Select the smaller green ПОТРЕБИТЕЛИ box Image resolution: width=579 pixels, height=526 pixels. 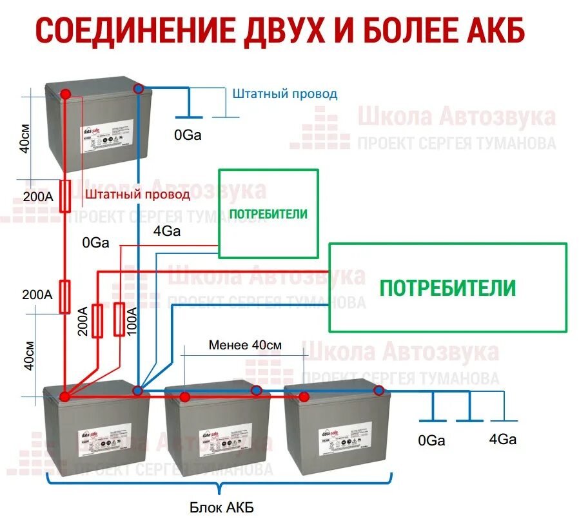(x=268, y=213)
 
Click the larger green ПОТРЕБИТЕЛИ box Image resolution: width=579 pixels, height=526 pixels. (x=447, y=287)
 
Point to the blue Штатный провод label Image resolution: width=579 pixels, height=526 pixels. (x=284, y=93)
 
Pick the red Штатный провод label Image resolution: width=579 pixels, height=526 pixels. (x=137, y=193)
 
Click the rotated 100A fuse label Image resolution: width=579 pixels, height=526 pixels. (x=132, y=320)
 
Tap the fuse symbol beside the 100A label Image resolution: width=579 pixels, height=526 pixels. (x=119, y=320)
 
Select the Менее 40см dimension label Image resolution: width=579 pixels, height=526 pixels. (x=245, y=345)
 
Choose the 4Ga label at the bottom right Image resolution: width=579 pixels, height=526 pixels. (x=502, y=440)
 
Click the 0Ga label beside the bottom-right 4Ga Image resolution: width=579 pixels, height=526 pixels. (x=431, y=441)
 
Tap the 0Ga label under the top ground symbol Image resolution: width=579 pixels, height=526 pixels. (x=188, y=135)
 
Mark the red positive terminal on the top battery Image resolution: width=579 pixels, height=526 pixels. (x=66, y=95)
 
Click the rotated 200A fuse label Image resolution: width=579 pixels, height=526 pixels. (x=83, y=320)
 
